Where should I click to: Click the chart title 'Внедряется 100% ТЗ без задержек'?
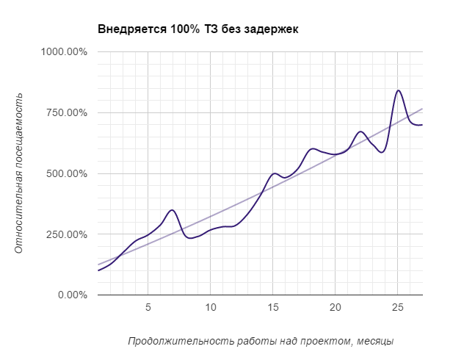coord(198,29)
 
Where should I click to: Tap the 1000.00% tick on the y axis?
coord(64,52)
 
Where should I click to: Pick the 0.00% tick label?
coord(72,295)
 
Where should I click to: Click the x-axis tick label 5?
coord(148,307)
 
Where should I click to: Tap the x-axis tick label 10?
coord(210,307)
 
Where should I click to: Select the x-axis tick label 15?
coord(272,307)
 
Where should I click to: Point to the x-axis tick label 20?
coord(335,307)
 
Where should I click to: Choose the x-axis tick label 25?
coord(397,307)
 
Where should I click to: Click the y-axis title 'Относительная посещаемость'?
coord(20,173)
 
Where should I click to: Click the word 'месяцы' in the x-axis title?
coord(374,342)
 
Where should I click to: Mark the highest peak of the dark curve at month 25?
coord(398,90)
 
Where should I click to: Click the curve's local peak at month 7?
coord(173,210)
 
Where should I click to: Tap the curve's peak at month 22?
coord(360,132)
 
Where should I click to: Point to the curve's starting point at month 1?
coord(98,270)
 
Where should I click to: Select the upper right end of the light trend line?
coord(422,109)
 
